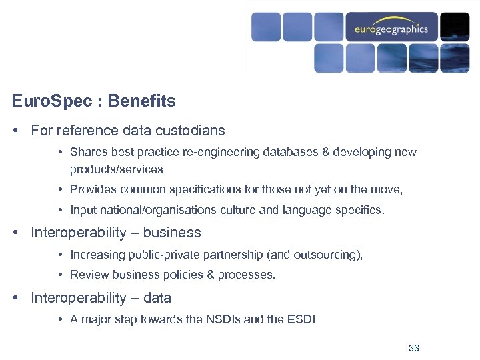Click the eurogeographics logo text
click(391, 29)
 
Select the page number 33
click(413, 348)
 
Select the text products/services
click(116, 169)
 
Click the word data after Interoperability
click(157, 298)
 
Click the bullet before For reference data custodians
click(15, 131)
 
